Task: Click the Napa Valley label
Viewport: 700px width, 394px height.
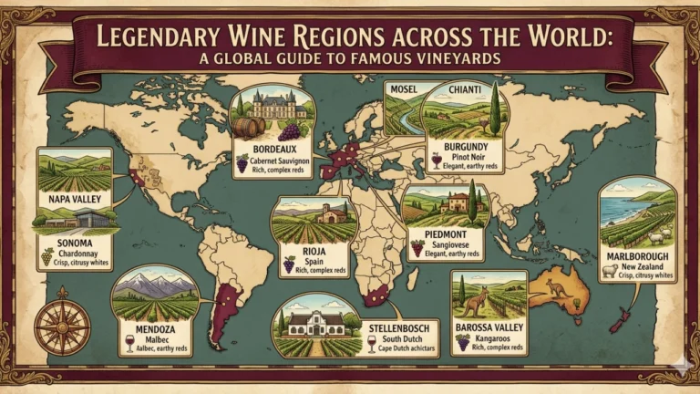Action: click(x=74, y=197)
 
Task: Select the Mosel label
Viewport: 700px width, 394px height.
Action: click(x=403, y=88)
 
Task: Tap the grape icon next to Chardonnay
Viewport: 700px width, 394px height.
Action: click(x=46, y=256)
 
